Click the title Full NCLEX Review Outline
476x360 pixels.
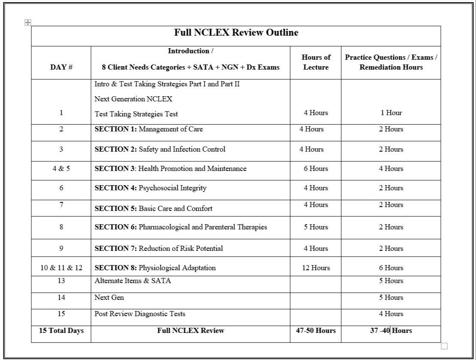[236, 33]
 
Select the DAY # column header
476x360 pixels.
[61, 67]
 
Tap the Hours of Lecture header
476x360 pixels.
[315, 62]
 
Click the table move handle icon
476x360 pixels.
[28, 22]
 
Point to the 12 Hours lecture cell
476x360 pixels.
[315, 268]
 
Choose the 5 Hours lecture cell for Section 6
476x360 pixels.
[315, 227]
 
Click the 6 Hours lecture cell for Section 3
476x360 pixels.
[315, 168]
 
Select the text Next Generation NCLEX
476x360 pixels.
[133, 99]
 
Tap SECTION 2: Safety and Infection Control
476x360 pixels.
[160, 149]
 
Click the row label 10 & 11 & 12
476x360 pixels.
[61, 268]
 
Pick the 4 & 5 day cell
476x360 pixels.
[61, 168]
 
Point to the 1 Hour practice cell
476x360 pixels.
[391, 113]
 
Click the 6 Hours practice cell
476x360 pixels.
[391, 268]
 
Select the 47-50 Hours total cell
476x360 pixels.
[315, 330]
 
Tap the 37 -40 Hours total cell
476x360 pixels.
[391, 330]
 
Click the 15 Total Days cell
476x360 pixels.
[61, 330]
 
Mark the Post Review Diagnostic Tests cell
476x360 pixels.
[140, 314]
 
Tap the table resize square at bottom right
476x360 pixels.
[444, 346]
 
